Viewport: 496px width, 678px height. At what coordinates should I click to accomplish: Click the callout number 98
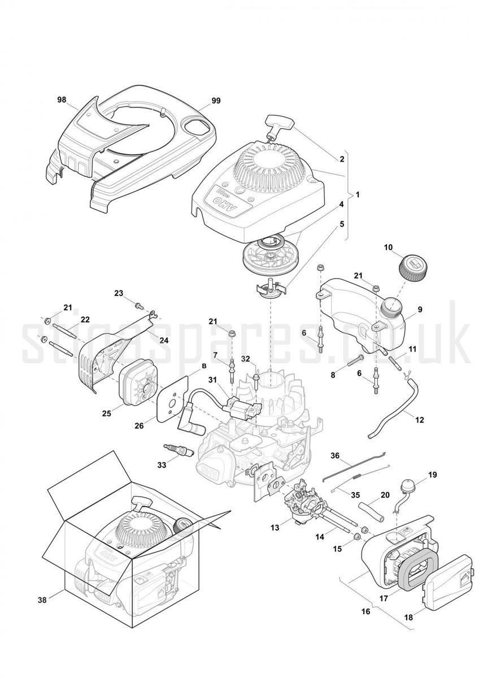62,100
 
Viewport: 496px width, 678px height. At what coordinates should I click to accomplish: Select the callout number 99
216,101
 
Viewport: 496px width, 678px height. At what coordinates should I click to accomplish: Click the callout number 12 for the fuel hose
420,420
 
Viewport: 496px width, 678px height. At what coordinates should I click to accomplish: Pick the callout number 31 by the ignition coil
213,379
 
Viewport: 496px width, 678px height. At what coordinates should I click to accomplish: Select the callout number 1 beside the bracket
358,194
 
